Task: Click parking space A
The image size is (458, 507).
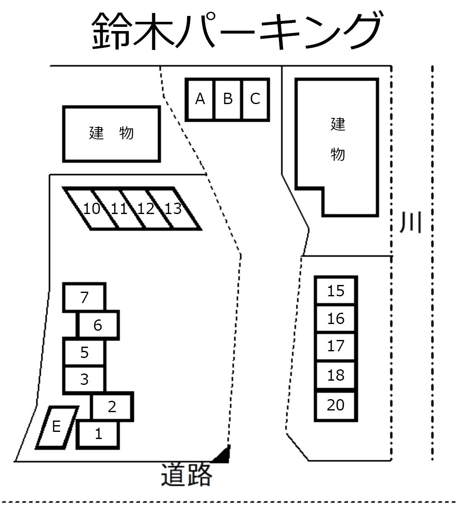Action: pos(200,99)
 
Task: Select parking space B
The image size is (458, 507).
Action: pos(228,99)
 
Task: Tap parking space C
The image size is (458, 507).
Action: pos(255,99)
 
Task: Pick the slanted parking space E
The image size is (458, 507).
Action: pos(57,427)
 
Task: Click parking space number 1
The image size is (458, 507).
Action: pos(98,434)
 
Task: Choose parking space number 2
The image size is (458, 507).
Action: pos(112,407)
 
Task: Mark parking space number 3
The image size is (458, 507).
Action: pos(84,379)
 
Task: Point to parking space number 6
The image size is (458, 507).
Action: pos(98,325)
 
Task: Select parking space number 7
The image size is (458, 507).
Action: pos(84,297)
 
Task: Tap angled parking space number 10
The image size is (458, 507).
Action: pos(91,209)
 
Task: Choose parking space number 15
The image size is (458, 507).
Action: pos(336,290)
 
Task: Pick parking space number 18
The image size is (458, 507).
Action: pos(336,375)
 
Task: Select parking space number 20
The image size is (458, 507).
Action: pos(336,405)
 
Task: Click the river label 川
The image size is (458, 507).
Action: pos(410,222)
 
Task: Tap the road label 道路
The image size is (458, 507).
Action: pos(187,475)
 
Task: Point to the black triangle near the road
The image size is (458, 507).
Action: pos(224,456)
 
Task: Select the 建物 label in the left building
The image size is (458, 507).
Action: pos(111,133)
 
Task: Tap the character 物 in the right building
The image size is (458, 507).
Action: pos(338,154)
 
